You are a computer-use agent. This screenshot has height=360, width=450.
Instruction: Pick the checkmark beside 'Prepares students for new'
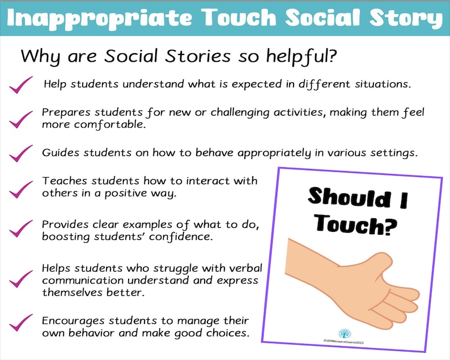(22, 118)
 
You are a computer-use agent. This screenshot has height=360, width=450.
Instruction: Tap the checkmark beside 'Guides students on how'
(22, 153)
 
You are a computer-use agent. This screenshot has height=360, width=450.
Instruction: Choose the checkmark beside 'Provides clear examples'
(22, 228)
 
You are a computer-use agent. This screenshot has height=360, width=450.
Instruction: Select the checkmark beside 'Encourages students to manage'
(22, 324)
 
